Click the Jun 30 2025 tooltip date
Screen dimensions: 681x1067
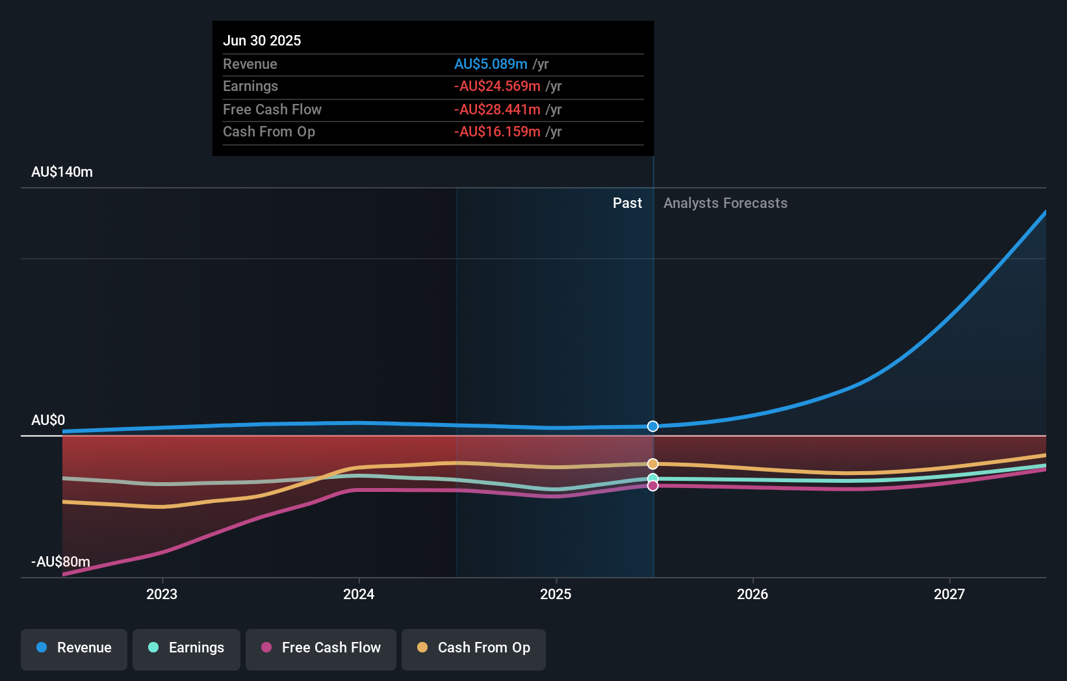[262, 40]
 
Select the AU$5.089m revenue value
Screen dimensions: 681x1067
[491, 64]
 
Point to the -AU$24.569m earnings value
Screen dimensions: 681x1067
[497, 86]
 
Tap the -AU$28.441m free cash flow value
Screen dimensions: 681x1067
[497, 109]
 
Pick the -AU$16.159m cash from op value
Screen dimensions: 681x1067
[497, 132]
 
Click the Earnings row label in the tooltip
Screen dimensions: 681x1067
[250, 86]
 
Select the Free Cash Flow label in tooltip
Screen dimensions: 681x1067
[272, 109]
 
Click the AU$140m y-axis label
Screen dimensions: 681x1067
[62, 172]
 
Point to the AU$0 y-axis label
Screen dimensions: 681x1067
[48, 420]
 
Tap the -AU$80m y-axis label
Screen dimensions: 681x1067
[60, 561]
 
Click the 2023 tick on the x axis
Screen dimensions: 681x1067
[162, 594]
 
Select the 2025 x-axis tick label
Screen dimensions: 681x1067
[556, 594]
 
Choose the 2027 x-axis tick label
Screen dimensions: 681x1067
[949, 594]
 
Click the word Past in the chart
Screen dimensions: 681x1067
[627, 203]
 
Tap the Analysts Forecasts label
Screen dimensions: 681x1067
[725, 203]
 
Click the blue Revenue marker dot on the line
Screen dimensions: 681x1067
[653, 426]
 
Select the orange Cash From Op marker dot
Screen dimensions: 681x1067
[653, 464]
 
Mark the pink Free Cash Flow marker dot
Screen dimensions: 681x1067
[653, 486]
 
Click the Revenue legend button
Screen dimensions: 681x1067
[74, 648]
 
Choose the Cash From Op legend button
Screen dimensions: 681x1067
[474, 648]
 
